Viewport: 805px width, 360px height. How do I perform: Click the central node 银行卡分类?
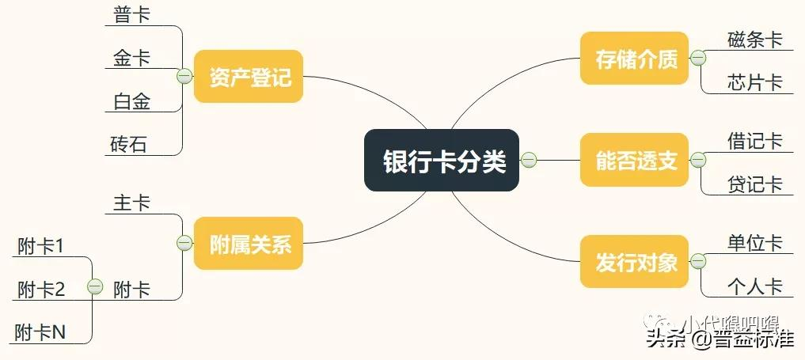tap(442, 161)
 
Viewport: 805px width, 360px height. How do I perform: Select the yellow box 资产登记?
tap(249, 77)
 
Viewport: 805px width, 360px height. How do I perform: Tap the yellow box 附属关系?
tap(249, 244)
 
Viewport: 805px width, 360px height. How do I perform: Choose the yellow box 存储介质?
tap(636, 59)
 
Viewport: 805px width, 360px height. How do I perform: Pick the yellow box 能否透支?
tap(636, 161)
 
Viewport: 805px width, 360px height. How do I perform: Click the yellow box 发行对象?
tap(636, 262)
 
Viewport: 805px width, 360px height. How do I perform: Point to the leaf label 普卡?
tap(131, 15)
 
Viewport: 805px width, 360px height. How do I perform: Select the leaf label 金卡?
tap(131, 58)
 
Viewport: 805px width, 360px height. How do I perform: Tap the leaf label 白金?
tap(131, 101)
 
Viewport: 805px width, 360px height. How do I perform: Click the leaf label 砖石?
tap(128, 145)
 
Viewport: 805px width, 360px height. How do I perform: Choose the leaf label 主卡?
tap(131, 203)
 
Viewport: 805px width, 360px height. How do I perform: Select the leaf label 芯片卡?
tap(754, 82)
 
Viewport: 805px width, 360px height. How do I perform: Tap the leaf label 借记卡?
tap(754, 141)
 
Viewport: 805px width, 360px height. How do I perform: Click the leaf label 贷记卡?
tap(754, 184)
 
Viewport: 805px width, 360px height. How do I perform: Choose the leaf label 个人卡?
tap(754, 286)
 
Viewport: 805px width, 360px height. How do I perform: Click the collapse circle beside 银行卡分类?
tap(529, 161)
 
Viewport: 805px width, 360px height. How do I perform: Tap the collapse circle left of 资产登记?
tap(184, 77)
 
